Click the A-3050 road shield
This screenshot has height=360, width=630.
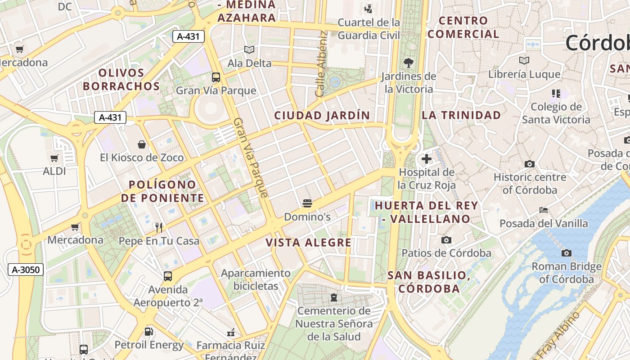point(26,270)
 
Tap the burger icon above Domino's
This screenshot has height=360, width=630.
point(307,203)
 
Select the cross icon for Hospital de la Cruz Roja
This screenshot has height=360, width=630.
point(427,159)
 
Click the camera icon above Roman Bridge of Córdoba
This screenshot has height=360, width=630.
point(567,253)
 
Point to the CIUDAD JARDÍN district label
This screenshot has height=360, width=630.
point(322,116)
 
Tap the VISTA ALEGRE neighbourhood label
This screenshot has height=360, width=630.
point(308,243)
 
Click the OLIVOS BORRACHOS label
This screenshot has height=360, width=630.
point(121,80)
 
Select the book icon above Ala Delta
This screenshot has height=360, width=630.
point(249,50)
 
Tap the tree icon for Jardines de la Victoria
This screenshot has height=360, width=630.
point(409,63)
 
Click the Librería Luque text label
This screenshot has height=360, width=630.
point(524,74)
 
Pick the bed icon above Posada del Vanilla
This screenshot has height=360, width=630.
point(544,210)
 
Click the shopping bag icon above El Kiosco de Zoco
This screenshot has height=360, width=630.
point(142,144)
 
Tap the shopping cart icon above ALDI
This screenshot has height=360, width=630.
point(54,158)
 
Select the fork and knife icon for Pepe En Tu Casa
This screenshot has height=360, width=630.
point(158,227)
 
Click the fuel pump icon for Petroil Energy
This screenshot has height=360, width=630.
point(148,332)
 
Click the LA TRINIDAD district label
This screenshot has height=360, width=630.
point(461,115)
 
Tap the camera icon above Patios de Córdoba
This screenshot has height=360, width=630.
point(446,240)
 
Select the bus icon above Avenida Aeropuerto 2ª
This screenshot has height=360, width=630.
point(168,276)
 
